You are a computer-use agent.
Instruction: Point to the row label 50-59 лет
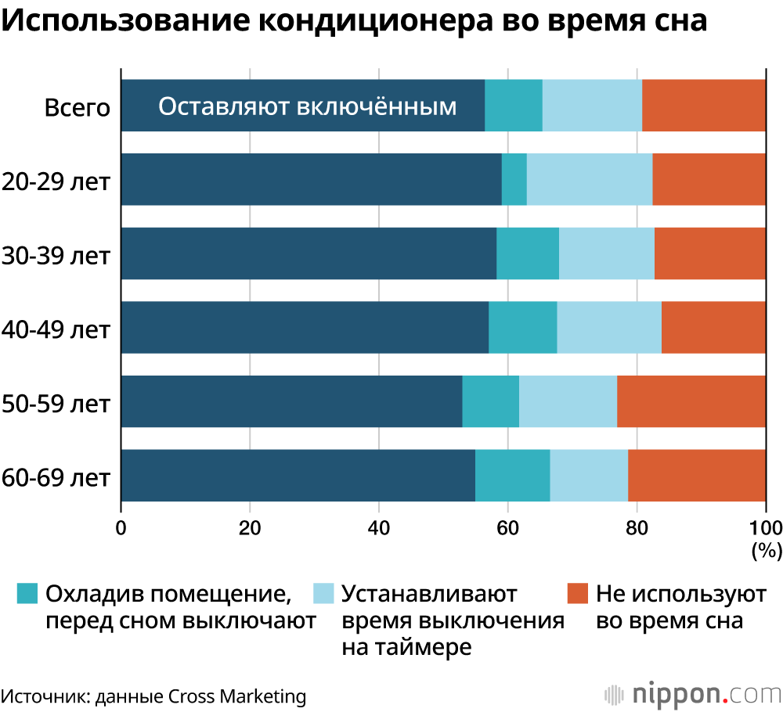56,404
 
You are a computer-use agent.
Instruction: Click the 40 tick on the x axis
379,527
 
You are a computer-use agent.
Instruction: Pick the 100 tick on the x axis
766,527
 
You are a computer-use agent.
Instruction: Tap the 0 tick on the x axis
121,527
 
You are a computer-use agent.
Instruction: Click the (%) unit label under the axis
766,551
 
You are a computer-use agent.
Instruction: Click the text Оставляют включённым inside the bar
307,106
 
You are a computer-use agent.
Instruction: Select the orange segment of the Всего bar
704,106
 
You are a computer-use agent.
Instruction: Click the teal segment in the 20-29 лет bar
514,179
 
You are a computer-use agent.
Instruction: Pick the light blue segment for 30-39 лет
607,254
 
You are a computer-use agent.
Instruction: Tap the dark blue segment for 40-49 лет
305,327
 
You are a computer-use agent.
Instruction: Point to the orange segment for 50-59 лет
691,401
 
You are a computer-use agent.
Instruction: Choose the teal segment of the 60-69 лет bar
512,475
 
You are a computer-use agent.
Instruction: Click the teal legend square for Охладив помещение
27,594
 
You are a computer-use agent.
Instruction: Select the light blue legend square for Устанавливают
323,594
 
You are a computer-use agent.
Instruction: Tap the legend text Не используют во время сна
680,607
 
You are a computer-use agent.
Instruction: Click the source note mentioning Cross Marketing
153,696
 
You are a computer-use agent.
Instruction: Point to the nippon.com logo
693,694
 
